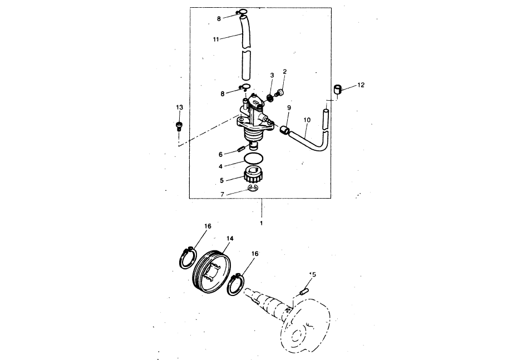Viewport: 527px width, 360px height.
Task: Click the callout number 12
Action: (x=361, y=85)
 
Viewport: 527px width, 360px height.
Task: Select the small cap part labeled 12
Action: (x=338, y=90)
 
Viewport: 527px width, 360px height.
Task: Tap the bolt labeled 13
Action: (x=179, y=126)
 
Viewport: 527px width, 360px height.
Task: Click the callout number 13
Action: (x=180, y=107)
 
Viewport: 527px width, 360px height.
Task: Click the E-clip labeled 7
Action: (x=253, y=188)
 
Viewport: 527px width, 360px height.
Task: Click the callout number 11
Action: (x=216, y=40)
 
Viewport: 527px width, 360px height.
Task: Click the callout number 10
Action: (x=307, y=120)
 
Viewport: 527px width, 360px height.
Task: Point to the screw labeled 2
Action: (x=279, y=92)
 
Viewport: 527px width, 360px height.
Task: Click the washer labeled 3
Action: (x=269, y=98)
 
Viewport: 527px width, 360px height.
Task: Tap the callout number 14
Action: (x=230, y=238)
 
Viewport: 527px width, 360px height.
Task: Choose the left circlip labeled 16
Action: (x=187, y=258)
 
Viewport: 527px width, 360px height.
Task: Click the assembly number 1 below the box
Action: (x=262, y=223)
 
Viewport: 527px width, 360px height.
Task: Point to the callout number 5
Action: (x=221, y=180)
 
